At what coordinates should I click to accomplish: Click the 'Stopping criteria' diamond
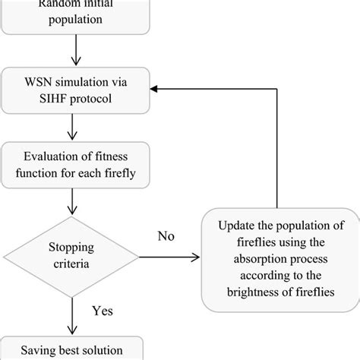[x=74, y=259]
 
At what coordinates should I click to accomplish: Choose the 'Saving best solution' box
[x=74, y=349]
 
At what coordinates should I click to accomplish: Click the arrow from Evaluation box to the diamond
[x=74, y=201]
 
